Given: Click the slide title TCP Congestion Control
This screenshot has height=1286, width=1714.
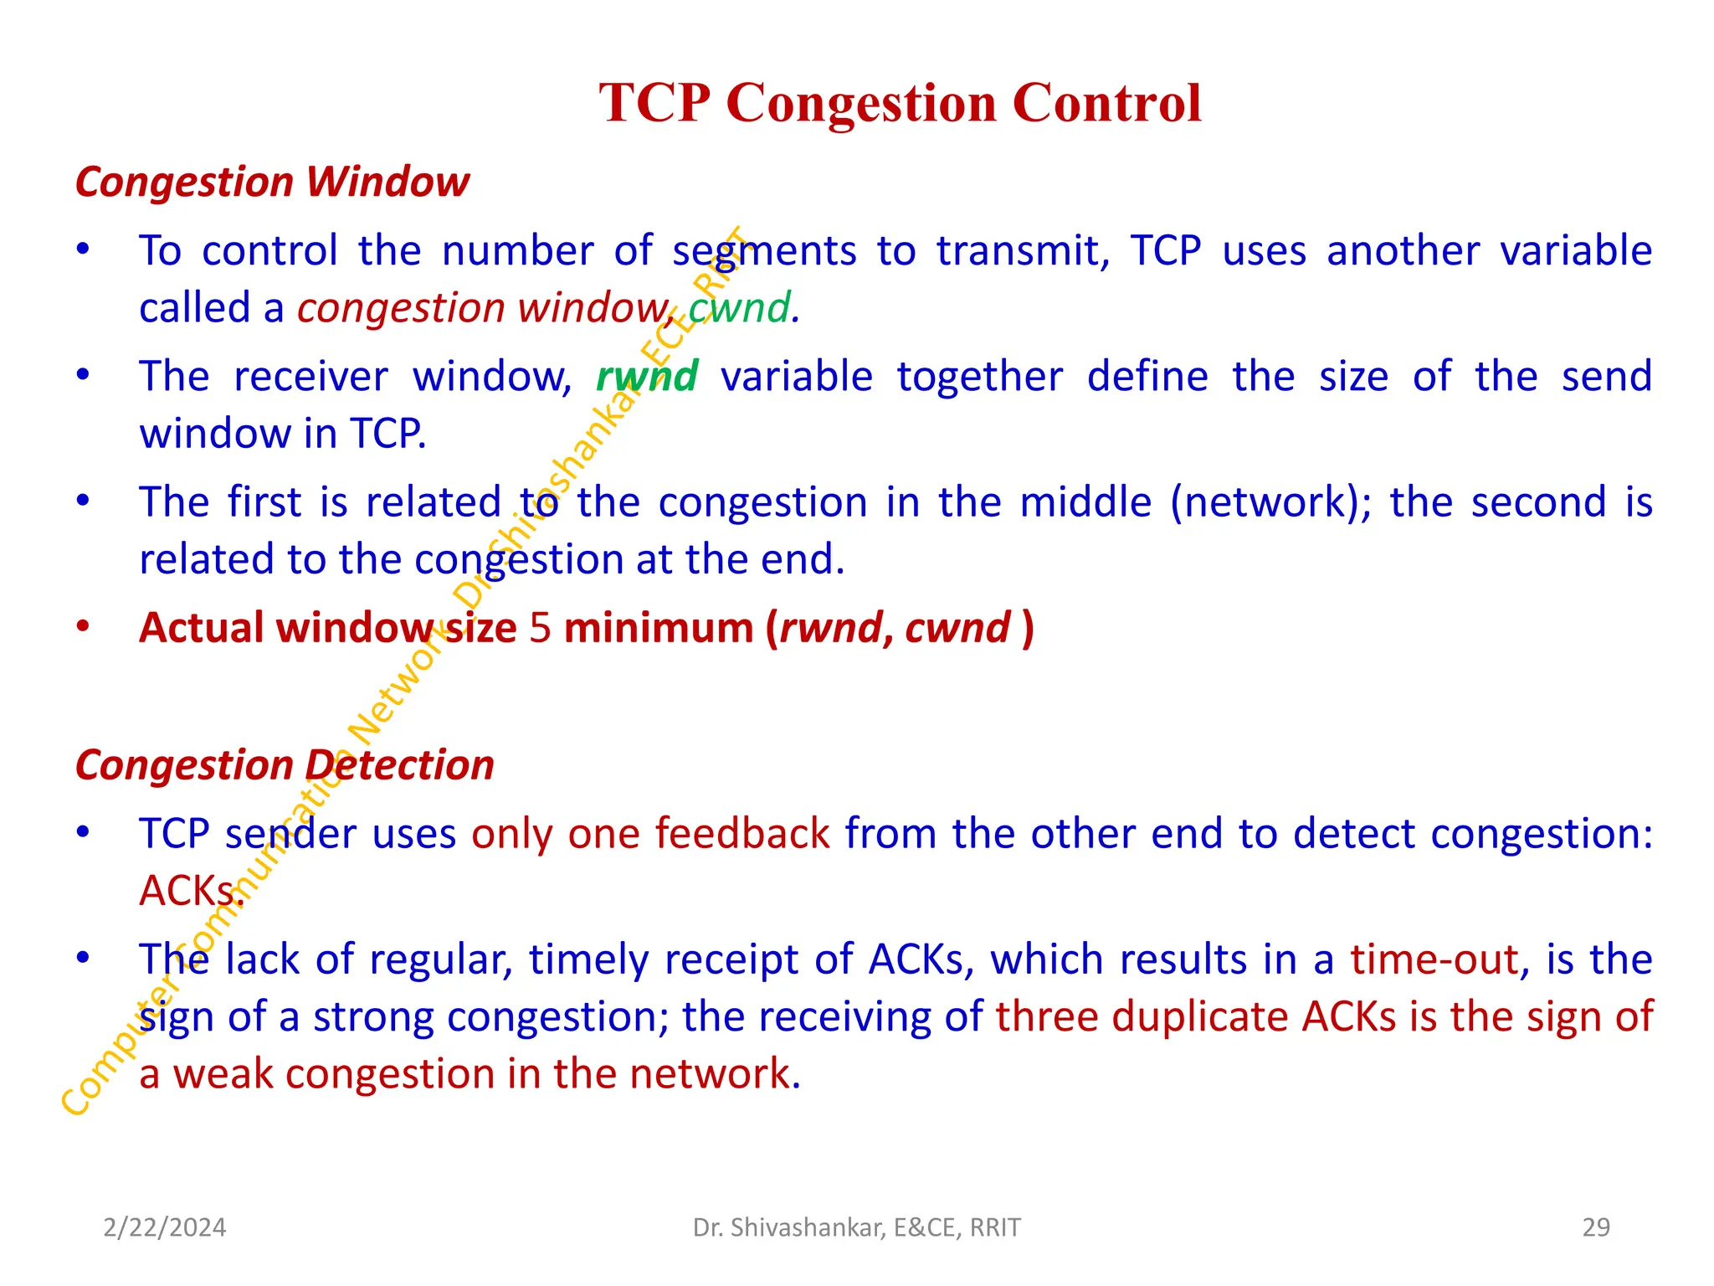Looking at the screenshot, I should (900, 103).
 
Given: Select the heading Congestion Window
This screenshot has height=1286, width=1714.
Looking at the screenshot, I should (272, 182).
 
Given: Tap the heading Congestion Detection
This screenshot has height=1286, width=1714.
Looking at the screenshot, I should (285, 765).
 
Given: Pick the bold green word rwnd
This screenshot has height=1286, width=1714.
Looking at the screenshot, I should (647, 376).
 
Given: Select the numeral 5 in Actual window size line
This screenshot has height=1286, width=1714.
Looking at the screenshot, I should (541, 628).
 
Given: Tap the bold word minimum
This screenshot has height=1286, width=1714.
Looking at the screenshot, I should (659, 628).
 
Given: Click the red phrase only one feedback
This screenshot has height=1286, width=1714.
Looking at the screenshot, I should (650, 834).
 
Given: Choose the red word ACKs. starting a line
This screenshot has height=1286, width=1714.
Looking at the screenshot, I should (191, 891).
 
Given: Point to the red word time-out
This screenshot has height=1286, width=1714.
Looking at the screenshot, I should (1434, 959).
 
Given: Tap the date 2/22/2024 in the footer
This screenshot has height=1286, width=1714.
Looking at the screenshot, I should (165, 1227).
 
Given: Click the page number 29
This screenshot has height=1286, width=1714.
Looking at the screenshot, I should (1596, 1227).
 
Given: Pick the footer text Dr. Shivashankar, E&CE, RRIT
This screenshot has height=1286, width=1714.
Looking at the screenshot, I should (857, 1227).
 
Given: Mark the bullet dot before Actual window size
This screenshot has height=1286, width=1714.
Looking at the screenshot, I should (83, 627).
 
